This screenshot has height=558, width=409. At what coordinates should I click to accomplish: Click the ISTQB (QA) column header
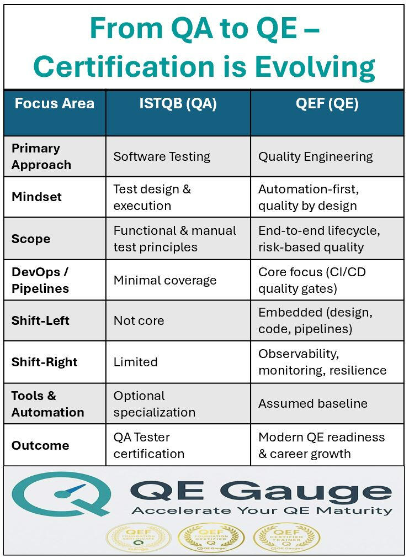pos(178,104)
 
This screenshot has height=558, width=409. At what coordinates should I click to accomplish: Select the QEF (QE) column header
pos(327,104)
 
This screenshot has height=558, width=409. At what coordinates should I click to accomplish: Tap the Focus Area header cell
pos(54,103)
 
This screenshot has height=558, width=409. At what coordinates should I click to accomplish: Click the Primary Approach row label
pos(41,156)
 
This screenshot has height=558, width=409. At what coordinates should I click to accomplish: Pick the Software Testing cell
pos(162,156)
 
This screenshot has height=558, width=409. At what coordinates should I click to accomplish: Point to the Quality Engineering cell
pos(315,156)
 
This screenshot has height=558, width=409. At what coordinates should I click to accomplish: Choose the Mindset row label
pos(36,197)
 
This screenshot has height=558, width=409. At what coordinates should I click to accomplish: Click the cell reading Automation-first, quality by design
pos(308,197)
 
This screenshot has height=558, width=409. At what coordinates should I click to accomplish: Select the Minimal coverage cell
pos(165,280)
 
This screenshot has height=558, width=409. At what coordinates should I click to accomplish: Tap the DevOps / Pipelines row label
pos(40,280)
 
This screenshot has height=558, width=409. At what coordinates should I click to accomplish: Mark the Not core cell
pos(139,321)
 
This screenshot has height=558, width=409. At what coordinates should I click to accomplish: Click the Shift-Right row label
pos(44,362)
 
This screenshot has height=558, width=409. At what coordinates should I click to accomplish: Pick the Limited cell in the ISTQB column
pos(135,362)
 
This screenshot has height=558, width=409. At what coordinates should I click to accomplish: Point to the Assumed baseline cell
pos(312,403)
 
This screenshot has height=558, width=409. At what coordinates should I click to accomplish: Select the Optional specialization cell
pos(154,404)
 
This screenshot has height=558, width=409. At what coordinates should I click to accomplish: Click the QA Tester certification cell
pos(148,445)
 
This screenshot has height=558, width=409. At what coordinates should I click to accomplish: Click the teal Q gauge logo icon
pos(58,493)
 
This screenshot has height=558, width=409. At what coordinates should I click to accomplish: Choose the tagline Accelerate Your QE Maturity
pos(262,510)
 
